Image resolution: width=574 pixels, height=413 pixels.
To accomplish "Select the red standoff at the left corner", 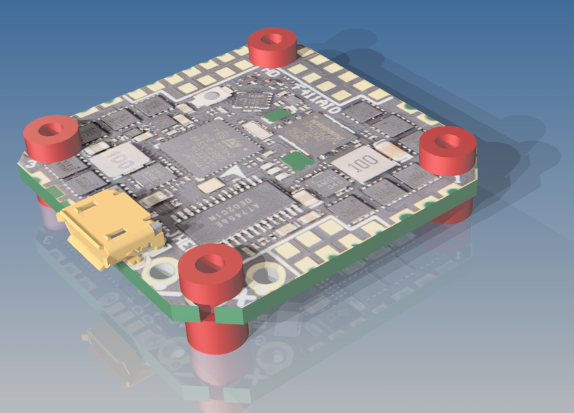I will pos(52,138).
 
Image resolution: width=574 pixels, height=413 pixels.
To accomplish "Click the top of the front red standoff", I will pos(210,264).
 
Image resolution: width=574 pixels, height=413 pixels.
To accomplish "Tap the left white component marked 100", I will pos(120,159).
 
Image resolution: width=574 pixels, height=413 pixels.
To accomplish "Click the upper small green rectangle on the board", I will pos(278,115).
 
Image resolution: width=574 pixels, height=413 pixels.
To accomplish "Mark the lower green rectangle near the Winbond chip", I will pos(294,161).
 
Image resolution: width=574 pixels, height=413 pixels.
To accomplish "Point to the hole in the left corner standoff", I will pos(51,128).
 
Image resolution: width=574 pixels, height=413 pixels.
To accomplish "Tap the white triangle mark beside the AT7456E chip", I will pos(240,171).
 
